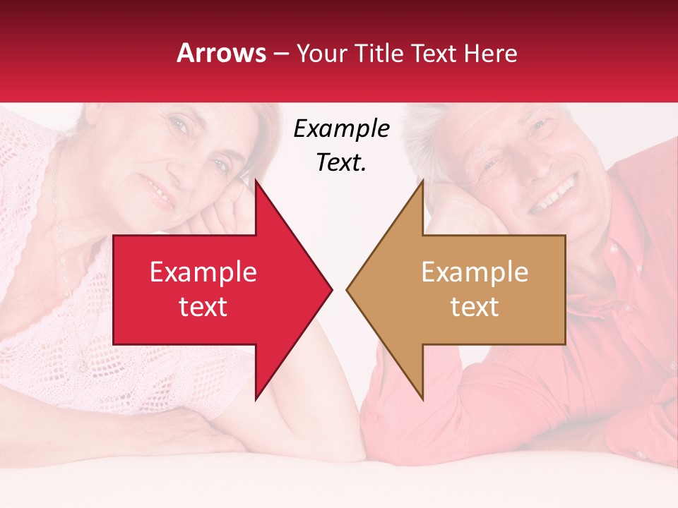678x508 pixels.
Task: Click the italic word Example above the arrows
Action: (341, 129)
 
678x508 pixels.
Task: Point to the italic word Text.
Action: (341, 162)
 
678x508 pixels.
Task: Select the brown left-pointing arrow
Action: (466, 289)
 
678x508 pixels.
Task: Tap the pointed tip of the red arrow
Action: (331, 289)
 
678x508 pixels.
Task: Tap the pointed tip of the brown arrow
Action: (348, 289)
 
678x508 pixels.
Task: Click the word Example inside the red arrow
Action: (203, 272)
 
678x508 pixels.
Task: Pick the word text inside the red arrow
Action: (203, 307)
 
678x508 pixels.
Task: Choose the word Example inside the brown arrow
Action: (475, 272)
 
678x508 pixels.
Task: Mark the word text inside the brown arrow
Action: (475, 307)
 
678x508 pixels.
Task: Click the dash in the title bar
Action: (280, 54)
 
